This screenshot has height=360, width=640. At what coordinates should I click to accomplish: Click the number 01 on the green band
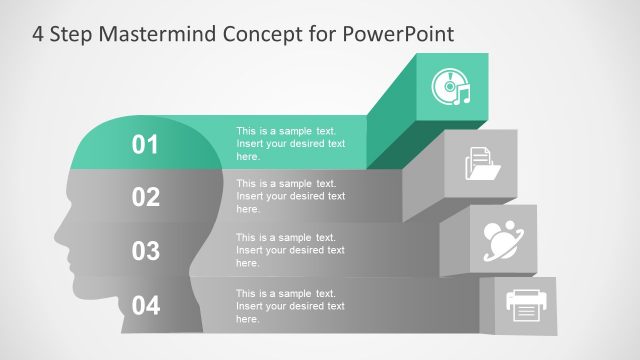click(x=146, y=145)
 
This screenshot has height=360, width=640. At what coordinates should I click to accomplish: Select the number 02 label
click(x=146, y=197)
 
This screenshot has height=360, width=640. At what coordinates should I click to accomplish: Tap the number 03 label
click(x=146, y=251)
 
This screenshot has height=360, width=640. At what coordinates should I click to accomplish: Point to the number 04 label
click(x=146, y=305)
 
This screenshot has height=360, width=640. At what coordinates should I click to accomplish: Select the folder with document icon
click(x=483, y=164)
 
